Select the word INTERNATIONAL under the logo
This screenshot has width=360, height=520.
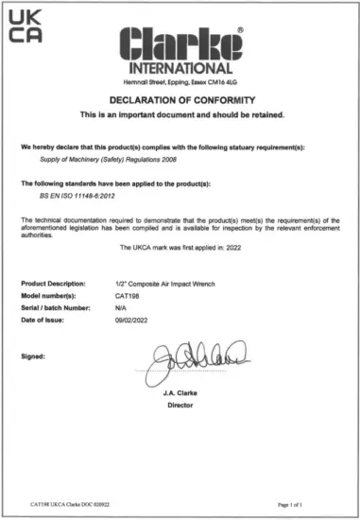[179, 69]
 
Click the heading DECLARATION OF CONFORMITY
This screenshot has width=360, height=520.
[179, 101]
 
